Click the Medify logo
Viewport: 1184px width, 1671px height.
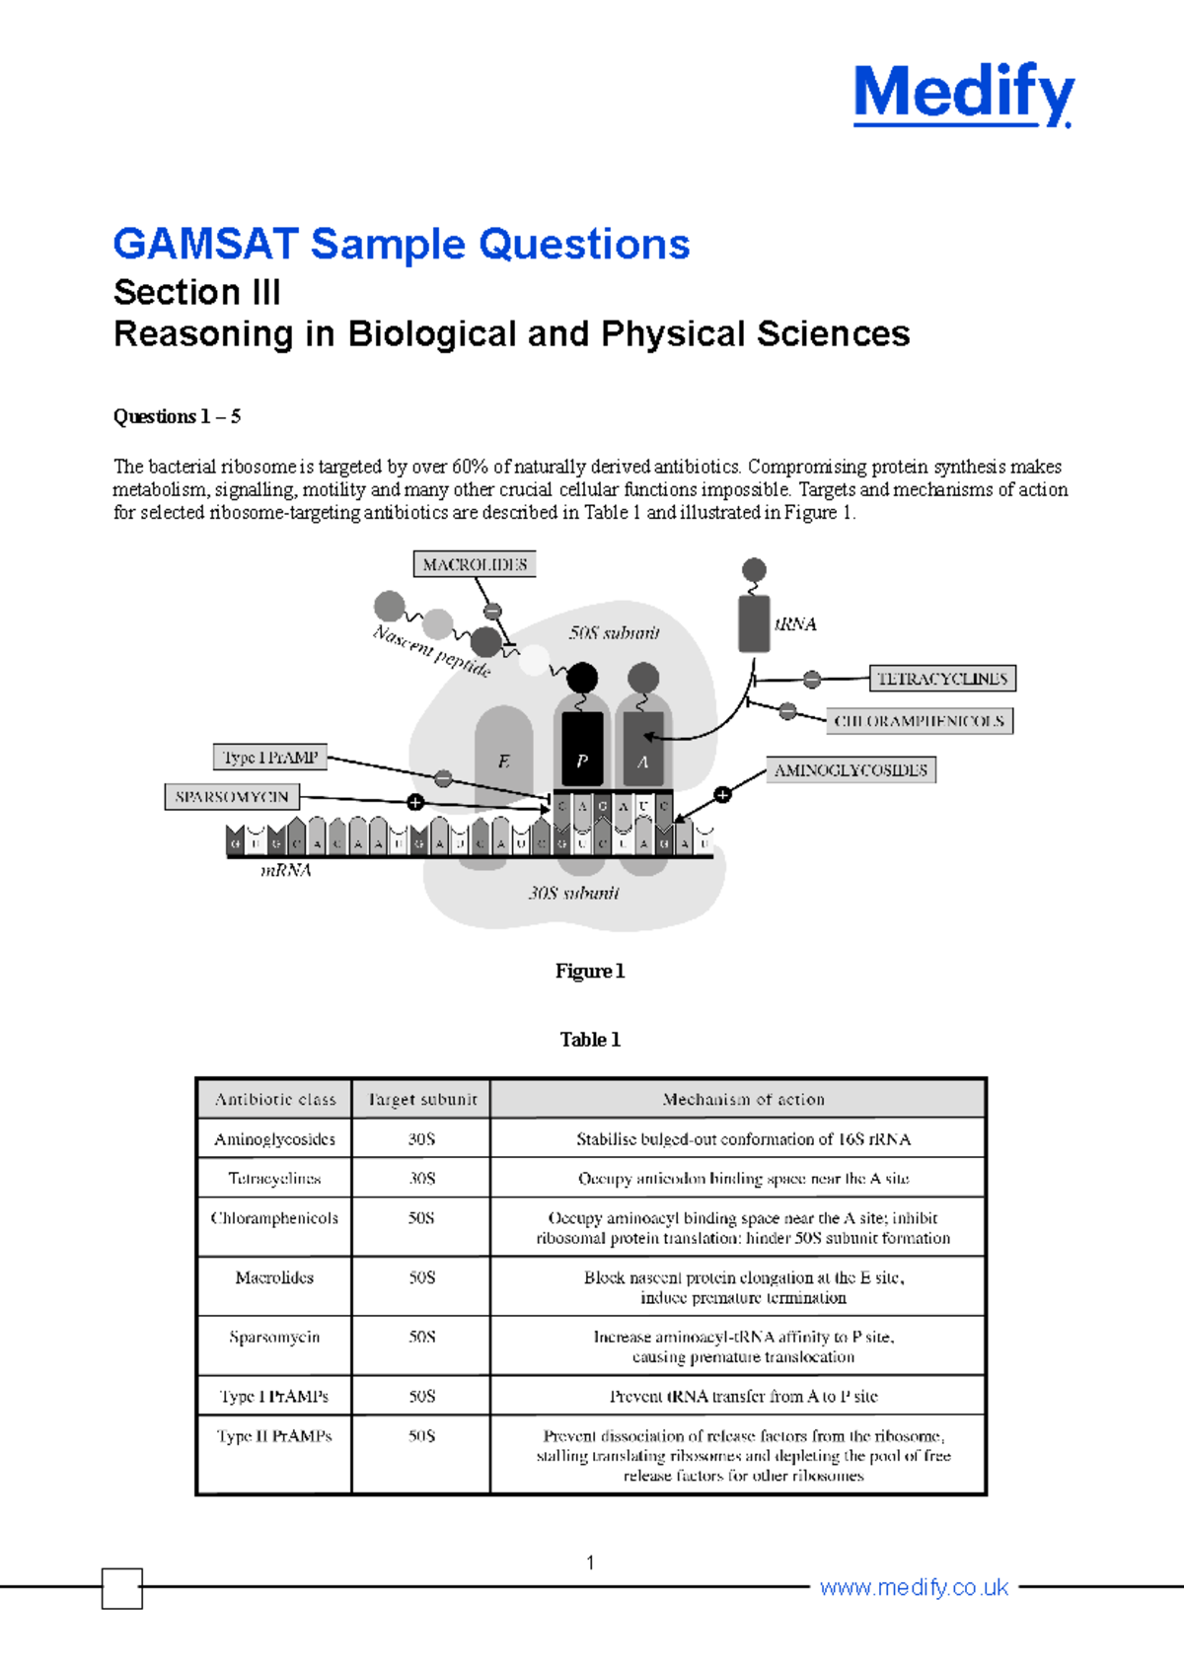click(x=963, y=95)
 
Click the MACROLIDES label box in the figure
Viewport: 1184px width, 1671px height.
click(x=475, y=564)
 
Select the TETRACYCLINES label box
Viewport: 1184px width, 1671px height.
click(x=942, y=679)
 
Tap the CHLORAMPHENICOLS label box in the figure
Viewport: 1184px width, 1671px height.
click(x=919, y=721)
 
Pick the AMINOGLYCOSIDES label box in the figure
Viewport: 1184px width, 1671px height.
click(x=851, y=770)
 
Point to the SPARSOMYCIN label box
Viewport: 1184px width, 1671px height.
click(x=232, y=797)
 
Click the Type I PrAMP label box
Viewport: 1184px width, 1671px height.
click(x=270, y=758)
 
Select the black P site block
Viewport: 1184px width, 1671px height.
click(x=582, y=749)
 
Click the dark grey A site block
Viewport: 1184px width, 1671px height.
click(x=643, y=749)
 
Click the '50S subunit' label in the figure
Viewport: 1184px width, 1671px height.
click(x=614, y=633)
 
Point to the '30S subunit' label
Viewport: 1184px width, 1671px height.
click(x=573, y=893)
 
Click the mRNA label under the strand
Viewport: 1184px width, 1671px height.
click(x=286, y=871)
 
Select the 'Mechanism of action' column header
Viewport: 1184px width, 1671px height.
click(x=743, y=1099)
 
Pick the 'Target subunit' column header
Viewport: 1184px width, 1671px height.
click(x=422, y=1099)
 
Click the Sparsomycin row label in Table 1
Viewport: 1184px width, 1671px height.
click(x=274, y=1337)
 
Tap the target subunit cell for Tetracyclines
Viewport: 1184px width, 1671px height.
click(x=422, y=1178)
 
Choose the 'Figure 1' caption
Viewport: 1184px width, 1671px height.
click(x=590, y=972)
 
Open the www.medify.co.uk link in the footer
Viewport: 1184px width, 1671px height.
click(x=914, y=1587)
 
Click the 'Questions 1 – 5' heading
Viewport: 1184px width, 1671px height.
click(x=178, y=416)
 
